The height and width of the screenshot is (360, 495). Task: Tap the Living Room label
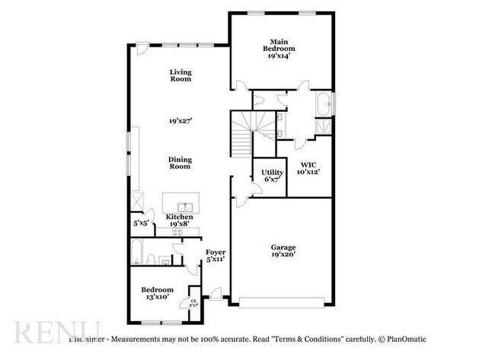point(180,75)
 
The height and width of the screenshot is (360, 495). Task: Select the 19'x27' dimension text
point(180,120)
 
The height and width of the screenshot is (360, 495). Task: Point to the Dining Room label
point(180,163)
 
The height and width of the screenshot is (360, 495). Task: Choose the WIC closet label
point(308,167)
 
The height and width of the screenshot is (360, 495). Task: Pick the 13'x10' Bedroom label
point(158,293)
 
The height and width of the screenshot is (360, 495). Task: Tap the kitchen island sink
point(185,206)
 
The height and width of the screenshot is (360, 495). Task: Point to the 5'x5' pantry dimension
point(142,223)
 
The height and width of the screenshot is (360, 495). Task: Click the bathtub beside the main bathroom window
point(323,104)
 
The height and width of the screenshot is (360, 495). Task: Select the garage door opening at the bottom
point(283,305)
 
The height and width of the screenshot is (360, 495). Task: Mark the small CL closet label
point(193,301)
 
